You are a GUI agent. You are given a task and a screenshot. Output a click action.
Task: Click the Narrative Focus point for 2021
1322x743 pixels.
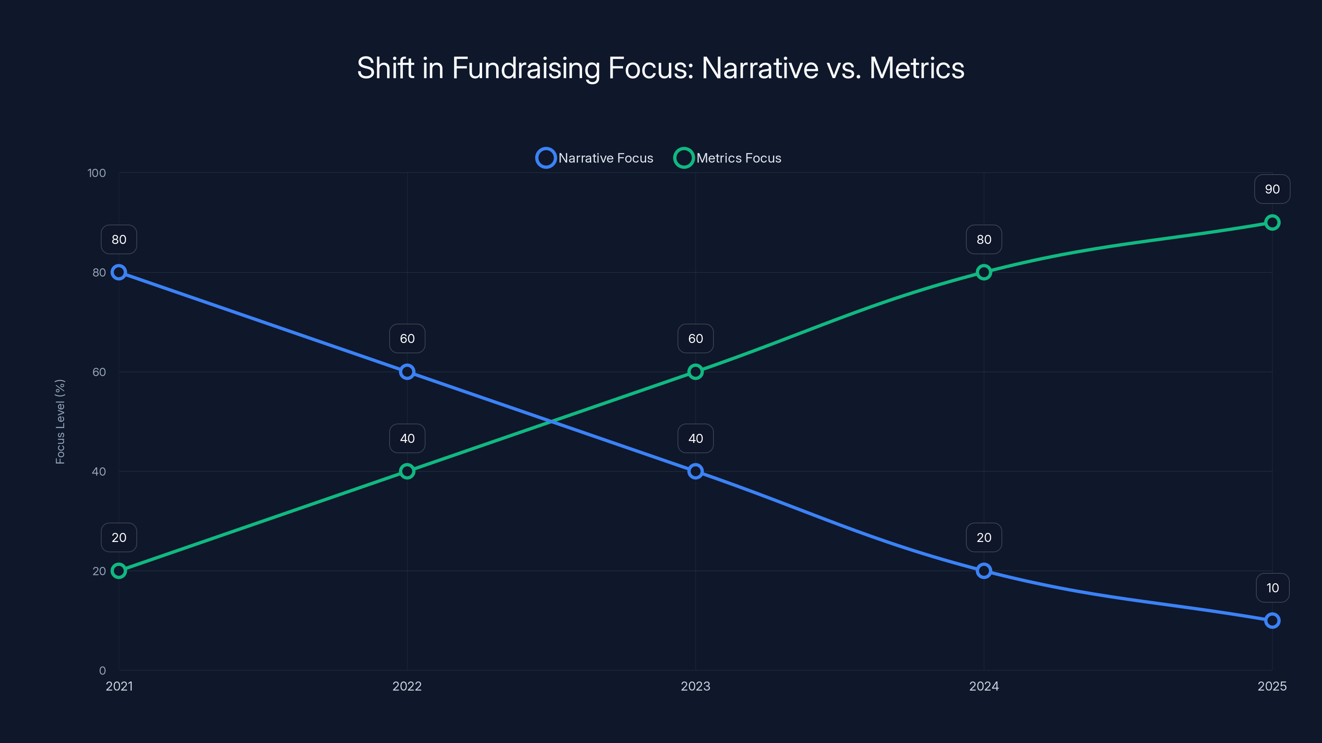(x=119, y=272)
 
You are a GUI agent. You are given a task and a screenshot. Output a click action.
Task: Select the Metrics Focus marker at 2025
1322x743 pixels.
(x=1272, y=222)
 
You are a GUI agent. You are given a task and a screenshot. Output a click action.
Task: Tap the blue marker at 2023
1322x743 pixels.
(x=695, y=471)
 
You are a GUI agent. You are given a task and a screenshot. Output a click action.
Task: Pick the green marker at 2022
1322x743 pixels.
(x=407, y=471)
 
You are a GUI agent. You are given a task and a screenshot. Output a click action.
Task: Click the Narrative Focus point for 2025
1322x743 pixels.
(x=1272, y=620)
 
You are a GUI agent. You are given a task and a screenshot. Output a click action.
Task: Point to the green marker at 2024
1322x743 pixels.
(x=984, y=272)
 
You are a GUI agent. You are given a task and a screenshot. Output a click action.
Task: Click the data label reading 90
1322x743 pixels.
(x=1272, y=189)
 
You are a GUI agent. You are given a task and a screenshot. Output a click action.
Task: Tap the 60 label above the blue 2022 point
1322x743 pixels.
(x=407, y=338)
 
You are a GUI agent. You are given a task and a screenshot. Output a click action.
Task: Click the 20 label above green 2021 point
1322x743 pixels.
(x=119, y=537)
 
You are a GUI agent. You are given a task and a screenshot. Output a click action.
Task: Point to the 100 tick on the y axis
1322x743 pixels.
(x=97, y=173)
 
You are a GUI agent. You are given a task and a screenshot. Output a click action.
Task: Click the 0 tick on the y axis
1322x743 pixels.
(x=102, y=670)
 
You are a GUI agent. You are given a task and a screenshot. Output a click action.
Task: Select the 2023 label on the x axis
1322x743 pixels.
(x=695, y=686)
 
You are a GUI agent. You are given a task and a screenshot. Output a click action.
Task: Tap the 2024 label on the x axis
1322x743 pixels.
(x=984, y=686)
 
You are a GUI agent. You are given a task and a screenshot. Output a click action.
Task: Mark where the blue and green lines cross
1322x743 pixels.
(x=551, y=421)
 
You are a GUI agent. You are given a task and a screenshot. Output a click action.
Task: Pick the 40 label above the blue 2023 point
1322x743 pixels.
(x=695, y=438)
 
